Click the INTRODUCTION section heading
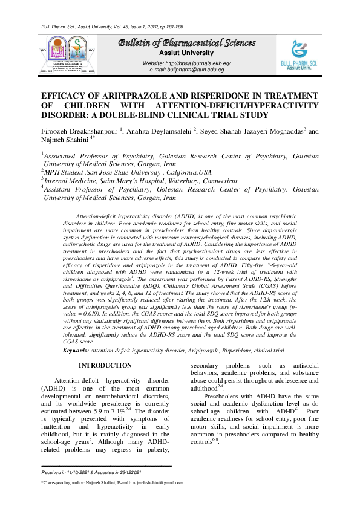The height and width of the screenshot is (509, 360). [105, 366]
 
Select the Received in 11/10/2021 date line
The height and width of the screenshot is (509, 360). [91, 472]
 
